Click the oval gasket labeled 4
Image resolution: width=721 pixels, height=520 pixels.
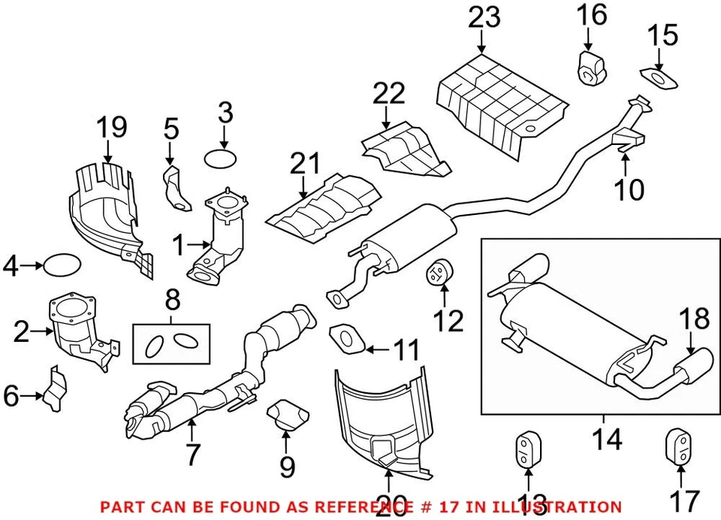[62, 265]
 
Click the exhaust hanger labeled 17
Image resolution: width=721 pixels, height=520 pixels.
[677, 449]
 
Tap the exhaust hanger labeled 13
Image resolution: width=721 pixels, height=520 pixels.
[526, 449]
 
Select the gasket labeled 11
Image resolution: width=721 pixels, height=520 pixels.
[345, 336]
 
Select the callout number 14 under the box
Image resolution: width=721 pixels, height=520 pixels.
[606, 438]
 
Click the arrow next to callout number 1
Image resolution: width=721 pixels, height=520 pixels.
[201, 243]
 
